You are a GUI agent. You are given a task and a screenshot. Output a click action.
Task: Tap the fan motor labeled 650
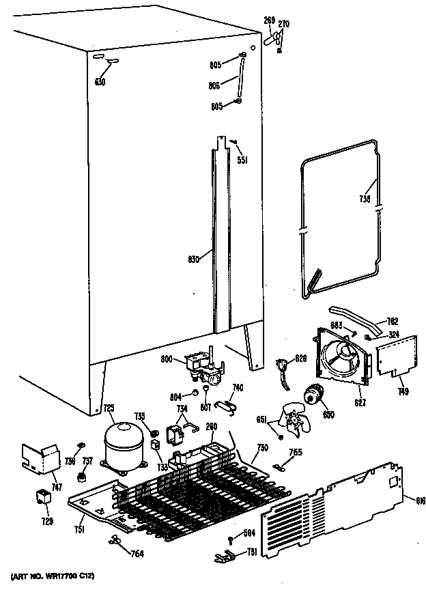click(315, 395)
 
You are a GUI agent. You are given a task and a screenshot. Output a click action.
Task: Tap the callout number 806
click(215, 85)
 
